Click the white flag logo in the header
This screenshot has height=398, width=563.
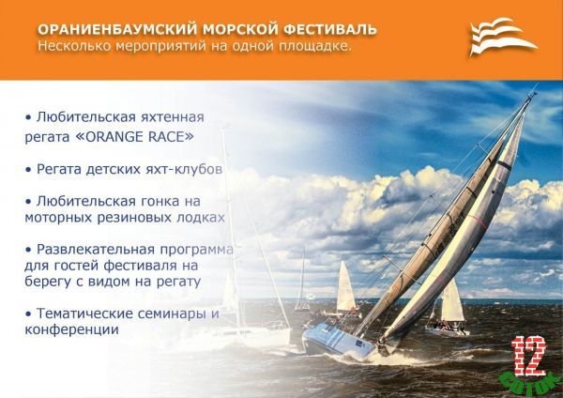click(503, 37)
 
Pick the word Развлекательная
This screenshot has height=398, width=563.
click(96, 250)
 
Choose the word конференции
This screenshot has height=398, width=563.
click(71, 329)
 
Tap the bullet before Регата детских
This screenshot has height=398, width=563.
click(28, 170)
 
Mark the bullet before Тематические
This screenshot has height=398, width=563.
click(28, 314)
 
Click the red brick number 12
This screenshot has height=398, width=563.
click(529, 357)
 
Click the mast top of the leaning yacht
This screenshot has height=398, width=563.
click(533, 93)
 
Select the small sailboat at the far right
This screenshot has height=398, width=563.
click(449, 309)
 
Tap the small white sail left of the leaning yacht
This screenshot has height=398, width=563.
click(345, 287)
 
